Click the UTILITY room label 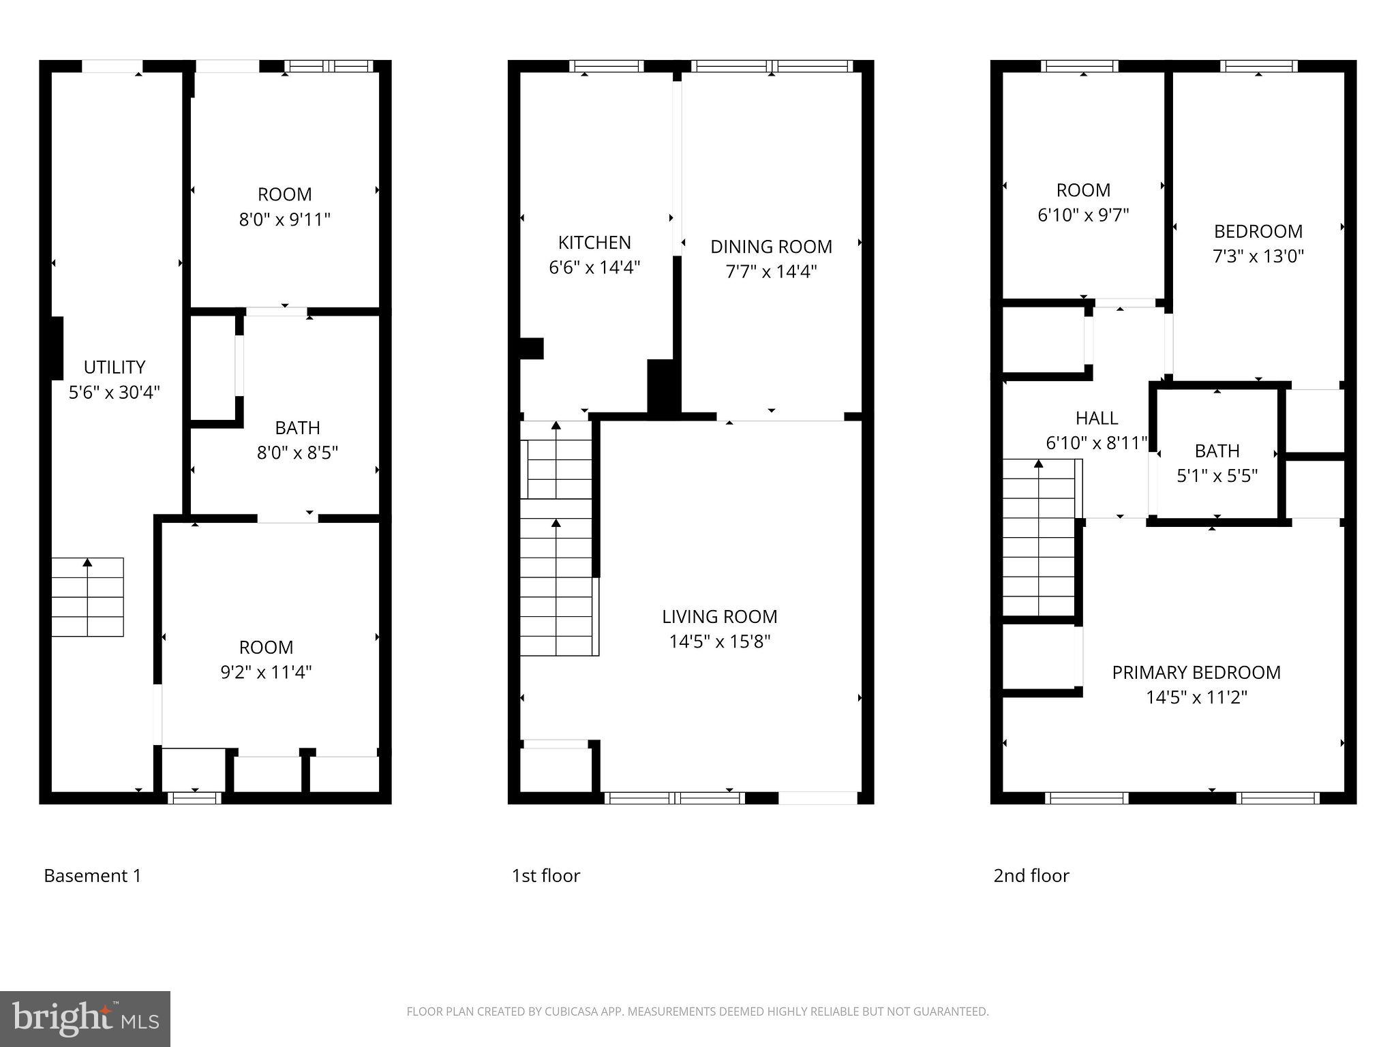pyautogui.click(x=114, y=367)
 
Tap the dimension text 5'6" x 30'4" pyautogui.click(x=114, y=393)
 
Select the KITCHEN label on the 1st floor pyautogui.click(x=594, y=243)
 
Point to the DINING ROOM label pyautogui.click(x=771, y=247)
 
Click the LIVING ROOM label pyautogui.click(x=719, y=617)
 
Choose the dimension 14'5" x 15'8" pyautogui.click(x=719, y=642)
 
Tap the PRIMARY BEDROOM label pyautogui.click(x=1196, y=673)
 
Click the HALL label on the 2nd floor pyautogui.click(x=1096, y=418)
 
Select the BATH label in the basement pyautogui.click(x=297, y=428)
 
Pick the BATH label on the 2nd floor pyautogui.click(x=1217, y=451)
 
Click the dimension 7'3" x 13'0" pyautogui.click(x=1258, y=256)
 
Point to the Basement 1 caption pyautogui.click(x=93, y=876)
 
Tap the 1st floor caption pyautogui.click(x=545, y=876)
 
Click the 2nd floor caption pyautogui.click(x=1031, y=876)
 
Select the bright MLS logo pyautogui.click(x=85, y=1018)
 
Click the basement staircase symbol pyautogui.click(x=87, y=597)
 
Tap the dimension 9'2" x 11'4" pyautogui.click(x=266, y=673)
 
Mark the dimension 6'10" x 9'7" pyautogui.click(x=1082, y=215)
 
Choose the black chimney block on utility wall pyautogui.click(x=57, y=348)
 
